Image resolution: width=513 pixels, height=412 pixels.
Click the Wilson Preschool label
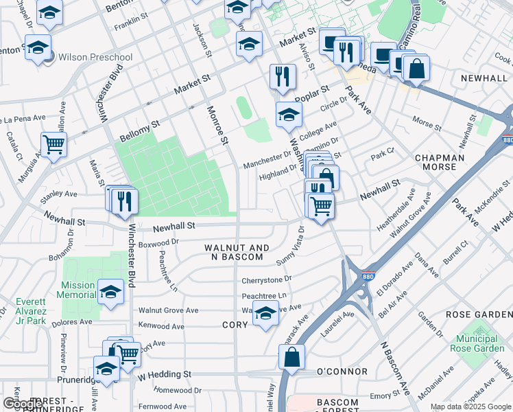tap(95, 57)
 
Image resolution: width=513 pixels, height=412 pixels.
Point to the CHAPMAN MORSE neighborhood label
tap(444, 162)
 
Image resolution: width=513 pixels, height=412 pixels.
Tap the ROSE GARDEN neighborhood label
tap(479, 314)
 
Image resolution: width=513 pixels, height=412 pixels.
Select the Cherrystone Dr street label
tap(267, 280)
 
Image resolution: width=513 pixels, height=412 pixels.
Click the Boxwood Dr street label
tap(158, 242)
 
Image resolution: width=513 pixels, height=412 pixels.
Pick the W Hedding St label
tap(164, 374)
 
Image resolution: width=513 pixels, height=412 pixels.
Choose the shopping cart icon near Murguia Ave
tap(53, 145)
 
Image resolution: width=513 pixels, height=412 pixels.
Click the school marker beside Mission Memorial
tap(110, 292)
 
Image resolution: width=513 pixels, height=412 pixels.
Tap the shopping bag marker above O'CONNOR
tap(291, 356)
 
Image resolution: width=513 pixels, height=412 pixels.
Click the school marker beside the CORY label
tap(265, 314)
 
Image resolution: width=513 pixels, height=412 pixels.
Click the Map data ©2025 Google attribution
tap(470, 407)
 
